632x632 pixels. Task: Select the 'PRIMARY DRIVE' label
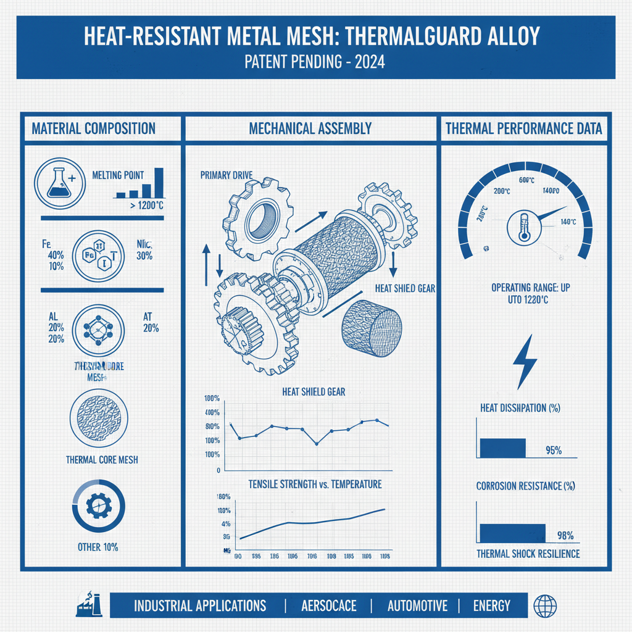click(227, 175)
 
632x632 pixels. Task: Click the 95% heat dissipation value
click(554, 450)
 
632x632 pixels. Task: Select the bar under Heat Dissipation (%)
click(502, 447)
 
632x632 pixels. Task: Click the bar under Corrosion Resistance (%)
click(512, 533)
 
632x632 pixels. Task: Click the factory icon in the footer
click(88, 604)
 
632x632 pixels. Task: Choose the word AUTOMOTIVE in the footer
click(417, 605)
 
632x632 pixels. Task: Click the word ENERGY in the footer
click(491, 605)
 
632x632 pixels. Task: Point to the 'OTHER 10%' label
click(98, 547)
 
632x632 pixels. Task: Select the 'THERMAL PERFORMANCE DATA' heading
click(523, 129)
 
